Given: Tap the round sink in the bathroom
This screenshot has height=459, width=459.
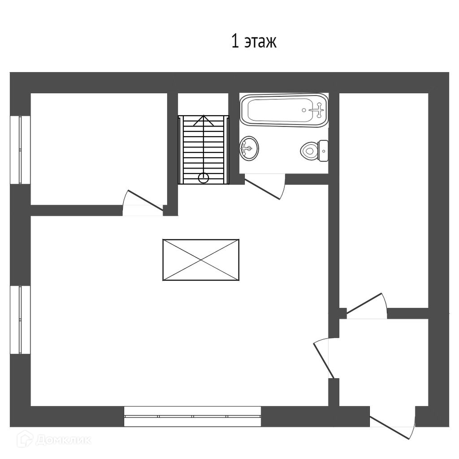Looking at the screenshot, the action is (249, 147).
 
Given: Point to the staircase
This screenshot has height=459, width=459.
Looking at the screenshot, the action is (204, 150).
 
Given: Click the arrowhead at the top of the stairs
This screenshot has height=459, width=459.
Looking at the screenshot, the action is (204, 118).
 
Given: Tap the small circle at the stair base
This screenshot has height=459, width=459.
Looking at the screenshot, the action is (204, 178).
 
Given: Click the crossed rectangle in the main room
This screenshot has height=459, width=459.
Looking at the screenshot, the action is (200, 260).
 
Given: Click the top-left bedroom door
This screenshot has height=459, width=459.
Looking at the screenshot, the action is (143, 202).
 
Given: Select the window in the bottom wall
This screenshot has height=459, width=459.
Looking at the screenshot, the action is (192, 416).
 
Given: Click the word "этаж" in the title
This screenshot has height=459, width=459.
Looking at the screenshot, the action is (261, 42).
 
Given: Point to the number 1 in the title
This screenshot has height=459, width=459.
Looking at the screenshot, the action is (235, 42).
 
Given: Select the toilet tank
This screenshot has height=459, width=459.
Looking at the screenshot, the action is (323, 151).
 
